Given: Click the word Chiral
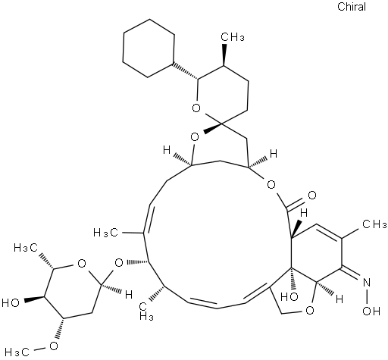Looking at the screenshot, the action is pyautogui.click(x=352, y=7).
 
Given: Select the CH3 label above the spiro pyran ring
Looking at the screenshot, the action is pyautogui.click(x=233, y=37).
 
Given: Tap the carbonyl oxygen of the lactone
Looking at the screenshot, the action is pyautogui.click(x=312, y=196).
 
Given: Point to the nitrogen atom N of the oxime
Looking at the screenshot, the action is pyautogui.click(x=367, y=283).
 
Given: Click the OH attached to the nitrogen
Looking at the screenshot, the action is pyautogui.click(x=371, y=311).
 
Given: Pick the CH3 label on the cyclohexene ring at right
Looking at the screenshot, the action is pyautogui.click(x=374, y=224).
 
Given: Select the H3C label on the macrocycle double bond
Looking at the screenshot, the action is pyautogui.click(x=105, y=232).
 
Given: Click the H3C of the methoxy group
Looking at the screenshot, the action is pyautogui.click(x=17, y=352).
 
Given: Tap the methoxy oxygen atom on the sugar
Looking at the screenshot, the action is pyautogui.click(x=53, y=346).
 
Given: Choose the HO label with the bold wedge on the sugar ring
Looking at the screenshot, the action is pyautogui.click(x=11, y=302).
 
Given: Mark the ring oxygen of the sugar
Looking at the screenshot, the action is pyautogui.click(x=82, y=264).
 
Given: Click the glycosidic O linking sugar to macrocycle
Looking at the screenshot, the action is pyautogui.click(x=119, y=263).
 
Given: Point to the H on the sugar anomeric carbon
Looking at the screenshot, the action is pyautogui.click(x=129, y=295).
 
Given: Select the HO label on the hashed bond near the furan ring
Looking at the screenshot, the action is pyautogui.click(x=289, y=296).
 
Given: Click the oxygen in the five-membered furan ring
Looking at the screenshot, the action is pyautogui.click(x=310, y=310).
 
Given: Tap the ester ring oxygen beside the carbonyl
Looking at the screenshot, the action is pyautogui.click(x=271, y=185).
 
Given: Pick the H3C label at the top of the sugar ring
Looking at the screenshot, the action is pyautogui.click(x=26, y=248).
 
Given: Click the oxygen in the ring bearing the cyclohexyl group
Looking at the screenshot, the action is pyautogui.click(x=196, y=108).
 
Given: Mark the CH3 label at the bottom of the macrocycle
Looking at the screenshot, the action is pyautogui.click(x=146, y=311).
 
